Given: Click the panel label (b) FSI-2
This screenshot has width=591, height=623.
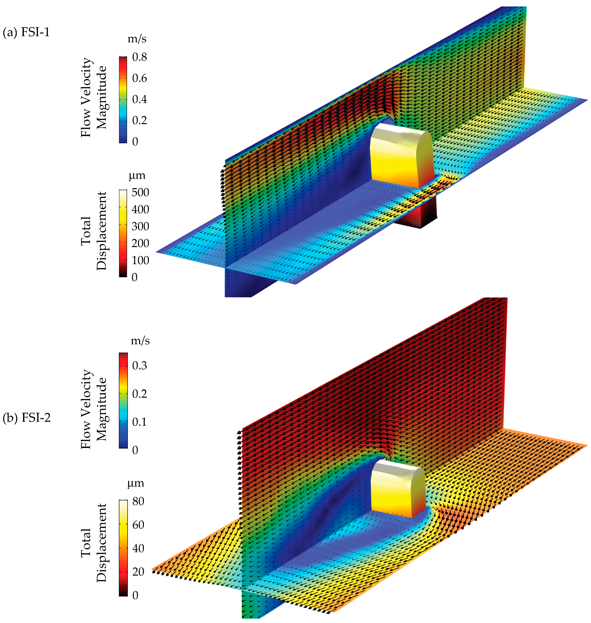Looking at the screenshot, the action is (27, 418).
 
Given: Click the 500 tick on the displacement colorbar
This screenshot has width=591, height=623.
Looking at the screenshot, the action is (140, 192).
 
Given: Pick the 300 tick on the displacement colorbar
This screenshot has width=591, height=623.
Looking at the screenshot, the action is (140, 226).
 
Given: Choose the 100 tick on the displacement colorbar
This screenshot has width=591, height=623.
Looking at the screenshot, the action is (140, 260).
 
